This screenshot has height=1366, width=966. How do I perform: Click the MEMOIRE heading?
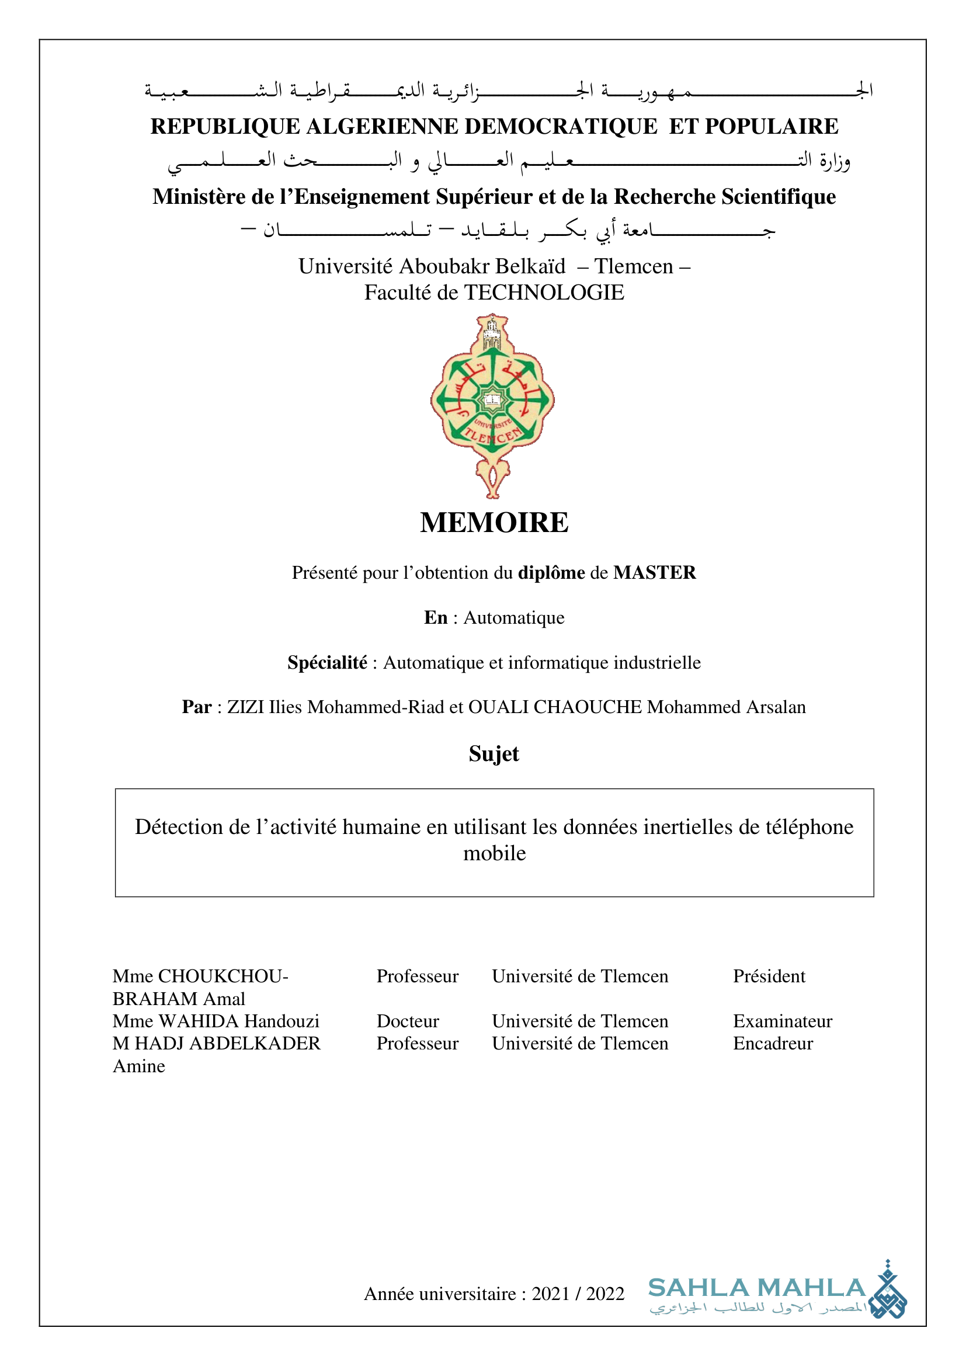(494, 522)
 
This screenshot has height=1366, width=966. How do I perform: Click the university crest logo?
(492, 405)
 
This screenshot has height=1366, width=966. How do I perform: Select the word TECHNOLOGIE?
(544, 293)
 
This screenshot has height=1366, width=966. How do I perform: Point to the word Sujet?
(494, 754)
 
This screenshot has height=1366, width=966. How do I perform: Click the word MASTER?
(654, 572)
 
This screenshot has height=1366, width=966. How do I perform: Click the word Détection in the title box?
(176, 827)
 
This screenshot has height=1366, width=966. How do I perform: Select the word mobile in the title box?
(494, 853)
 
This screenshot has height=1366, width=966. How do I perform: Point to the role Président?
(769, 976)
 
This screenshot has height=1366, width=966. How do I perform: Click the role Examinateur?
(782, 1021)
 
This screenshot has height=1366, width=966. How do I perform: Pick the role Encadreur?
(773, 1044)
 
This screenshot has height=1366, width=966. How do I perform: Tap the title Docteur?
(408, 1021)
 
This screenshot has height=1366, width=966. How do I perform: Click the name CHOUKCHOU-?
(223, 976)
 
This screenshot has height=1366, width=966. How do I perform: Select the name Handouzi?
(282, 1021)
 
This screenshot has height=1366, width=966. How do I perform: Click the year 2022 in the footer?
(605, 1294)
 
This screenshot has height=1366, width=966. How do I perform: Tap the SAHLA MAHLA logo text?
(756, 1288)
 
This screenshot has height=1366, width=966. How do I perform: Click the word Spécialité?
(327, 662)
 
